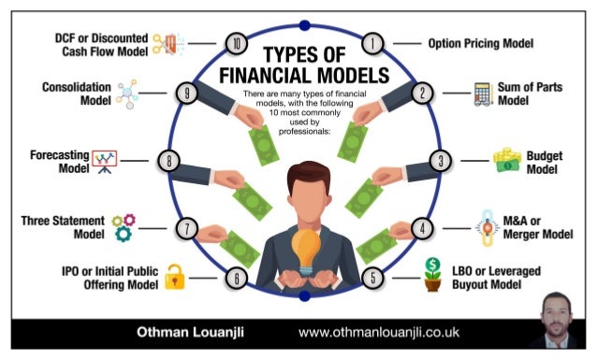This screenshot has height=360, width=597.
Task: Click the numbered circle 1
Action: [x=373, y=43]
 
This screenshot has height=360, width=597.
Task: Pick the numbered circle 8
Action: [x=168, y=161]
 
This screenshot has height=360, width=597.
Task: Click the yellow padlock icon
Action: [x=174, y=277]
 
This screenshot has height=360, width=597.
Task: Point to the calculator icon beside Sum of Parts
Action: [x=483, y=94]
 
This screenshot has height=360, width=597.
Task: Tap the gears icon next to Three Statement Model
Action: [x=123, y=226]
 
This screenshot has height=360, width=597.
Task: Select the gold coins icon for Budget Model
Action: [x=506, y=160]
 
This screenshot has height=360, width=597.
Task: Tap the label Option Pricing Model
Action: [x=480, y=43]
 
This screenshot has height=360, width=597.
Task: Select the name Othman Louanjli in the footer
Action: [x=184, y=332]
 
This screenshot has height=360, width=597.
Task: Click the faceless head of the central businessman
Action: [x=301, y=189]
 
